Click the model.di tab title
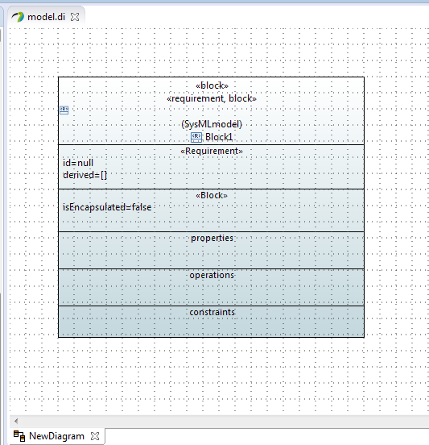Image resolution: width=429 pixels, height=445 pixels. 46,17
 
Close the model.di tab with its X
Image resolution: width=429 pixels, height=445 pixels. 75,17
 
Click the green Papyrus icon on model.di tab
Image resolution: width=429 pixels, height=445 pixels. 18,17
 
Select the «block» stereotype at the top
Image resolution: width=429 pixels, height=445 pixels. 212,85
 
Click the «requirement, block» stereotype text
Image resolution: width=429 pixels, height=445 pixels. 212,98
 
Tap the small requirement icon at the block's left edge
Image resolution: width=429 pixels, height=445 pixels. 64,110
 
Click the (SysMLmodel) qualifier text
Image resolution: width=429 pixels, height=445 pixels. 212,124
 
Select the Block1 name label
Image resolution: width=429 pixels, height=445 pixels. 219,137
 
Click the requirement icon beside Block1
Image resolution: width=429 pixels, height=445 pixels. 196,137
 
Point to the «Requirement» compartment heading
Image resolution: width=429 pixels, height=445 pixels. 212,151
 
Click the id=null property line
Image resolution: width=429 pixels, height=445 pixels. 78,163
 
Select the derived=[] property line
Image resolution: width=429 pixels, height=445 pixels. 85,175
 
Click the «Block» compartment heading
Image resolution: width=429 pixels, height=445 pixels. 212,195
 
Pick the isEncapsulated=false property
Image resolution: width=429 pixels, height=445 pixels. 107,207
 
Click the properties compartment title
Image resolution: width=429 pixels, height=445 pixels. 212,238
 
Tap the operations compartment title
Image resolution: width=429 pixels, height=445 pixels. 212,275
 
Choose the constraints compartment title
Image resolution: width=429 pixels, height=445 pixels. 212,312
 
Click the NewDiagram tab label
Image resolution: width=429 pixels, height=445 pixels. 56,436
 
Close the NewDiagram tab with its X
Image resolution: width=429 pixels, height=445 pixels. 95,436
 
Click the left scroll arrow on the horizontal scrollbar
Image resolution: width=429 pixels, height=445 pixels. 16,421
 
